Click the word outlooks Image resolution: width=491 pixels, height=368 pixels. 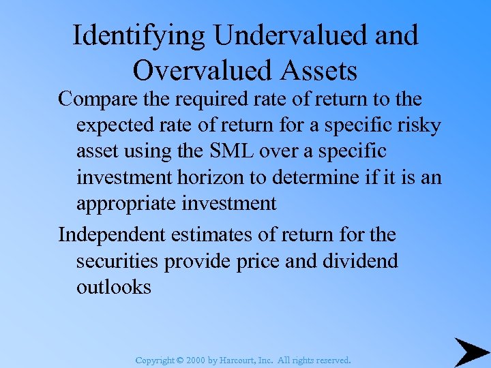(113, 287)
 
